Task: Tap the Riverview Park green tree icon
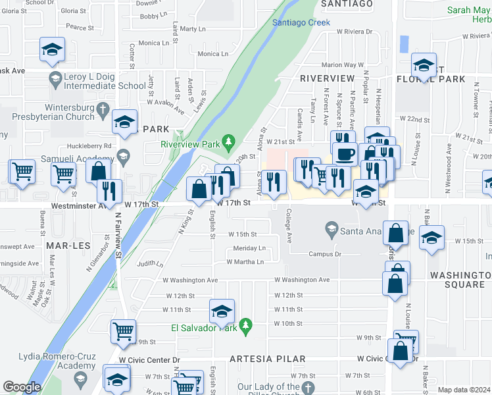point(228,142)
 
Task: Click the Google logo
point(22,387)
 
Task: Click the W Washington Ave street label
point(302,280)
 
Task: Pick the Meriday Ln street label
point(249,248)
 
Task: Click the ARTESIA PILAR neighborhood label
point(267,359)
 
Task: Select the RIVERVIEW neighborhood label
point(327,78)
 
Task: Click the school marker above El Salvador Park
point(222,311)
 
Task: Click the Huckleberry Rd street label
point(89,146)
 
